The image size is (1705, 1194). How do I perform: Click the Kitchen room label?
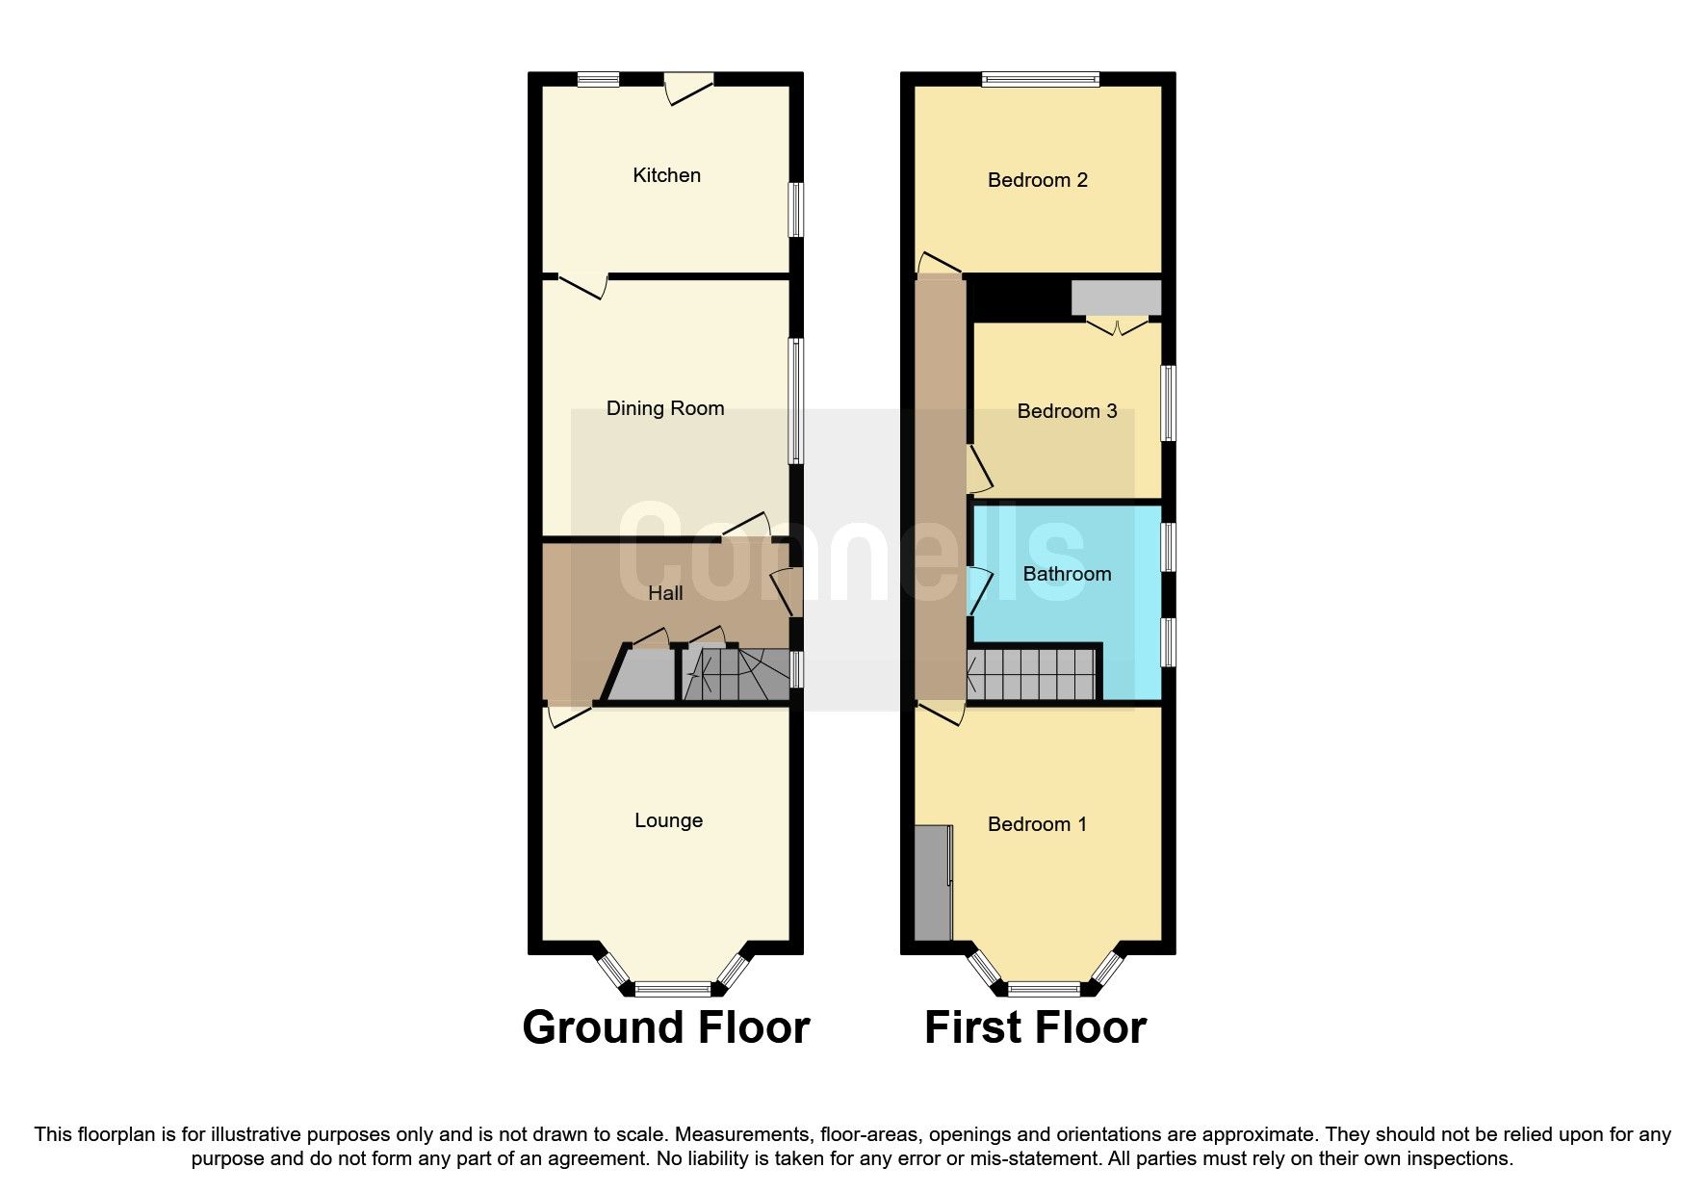(x=666, y=175)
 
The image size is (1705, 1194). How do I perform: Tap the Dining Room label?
(x=664, y=408)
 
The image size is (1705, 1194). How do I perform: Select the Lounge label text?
(x=668, y=820)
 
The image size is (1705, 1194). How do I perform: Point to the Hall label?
(x=665, y=593)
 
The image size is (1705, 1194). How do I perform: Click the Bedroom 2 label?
(x=1037, y=180)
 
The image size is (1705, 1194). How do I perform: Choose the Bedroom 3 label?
(x=1067, y=411)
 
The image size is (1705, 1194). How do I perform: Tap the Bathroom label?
(x=1067, y=574)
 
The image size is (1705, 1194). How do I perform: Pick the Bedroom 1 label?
(x=1037, y=824)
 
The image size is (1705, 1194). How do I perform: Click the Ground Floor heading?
(x=665, y=1027)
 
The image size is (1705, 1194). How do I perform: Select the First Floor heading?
(x=1035, y=1027)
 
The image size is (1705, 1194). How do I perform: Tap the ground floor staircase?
(x=736, y=674)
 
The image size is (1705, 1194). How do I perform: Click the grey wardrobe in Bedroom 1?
(x=932, y=881)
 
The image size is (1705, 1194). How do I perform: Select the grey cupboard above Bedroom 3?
(x=1116, y=298)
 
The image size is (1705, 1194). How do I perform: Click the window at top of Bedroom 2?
(x=1040, y=80)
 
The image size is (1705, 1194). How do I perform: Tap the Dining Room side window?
(x=796, y=402)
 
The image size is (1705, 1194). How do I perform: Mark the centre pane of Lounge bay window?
(x=672, y=988)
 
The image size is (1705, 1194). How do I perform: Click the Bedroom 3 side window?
(x=1168, y=402)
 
